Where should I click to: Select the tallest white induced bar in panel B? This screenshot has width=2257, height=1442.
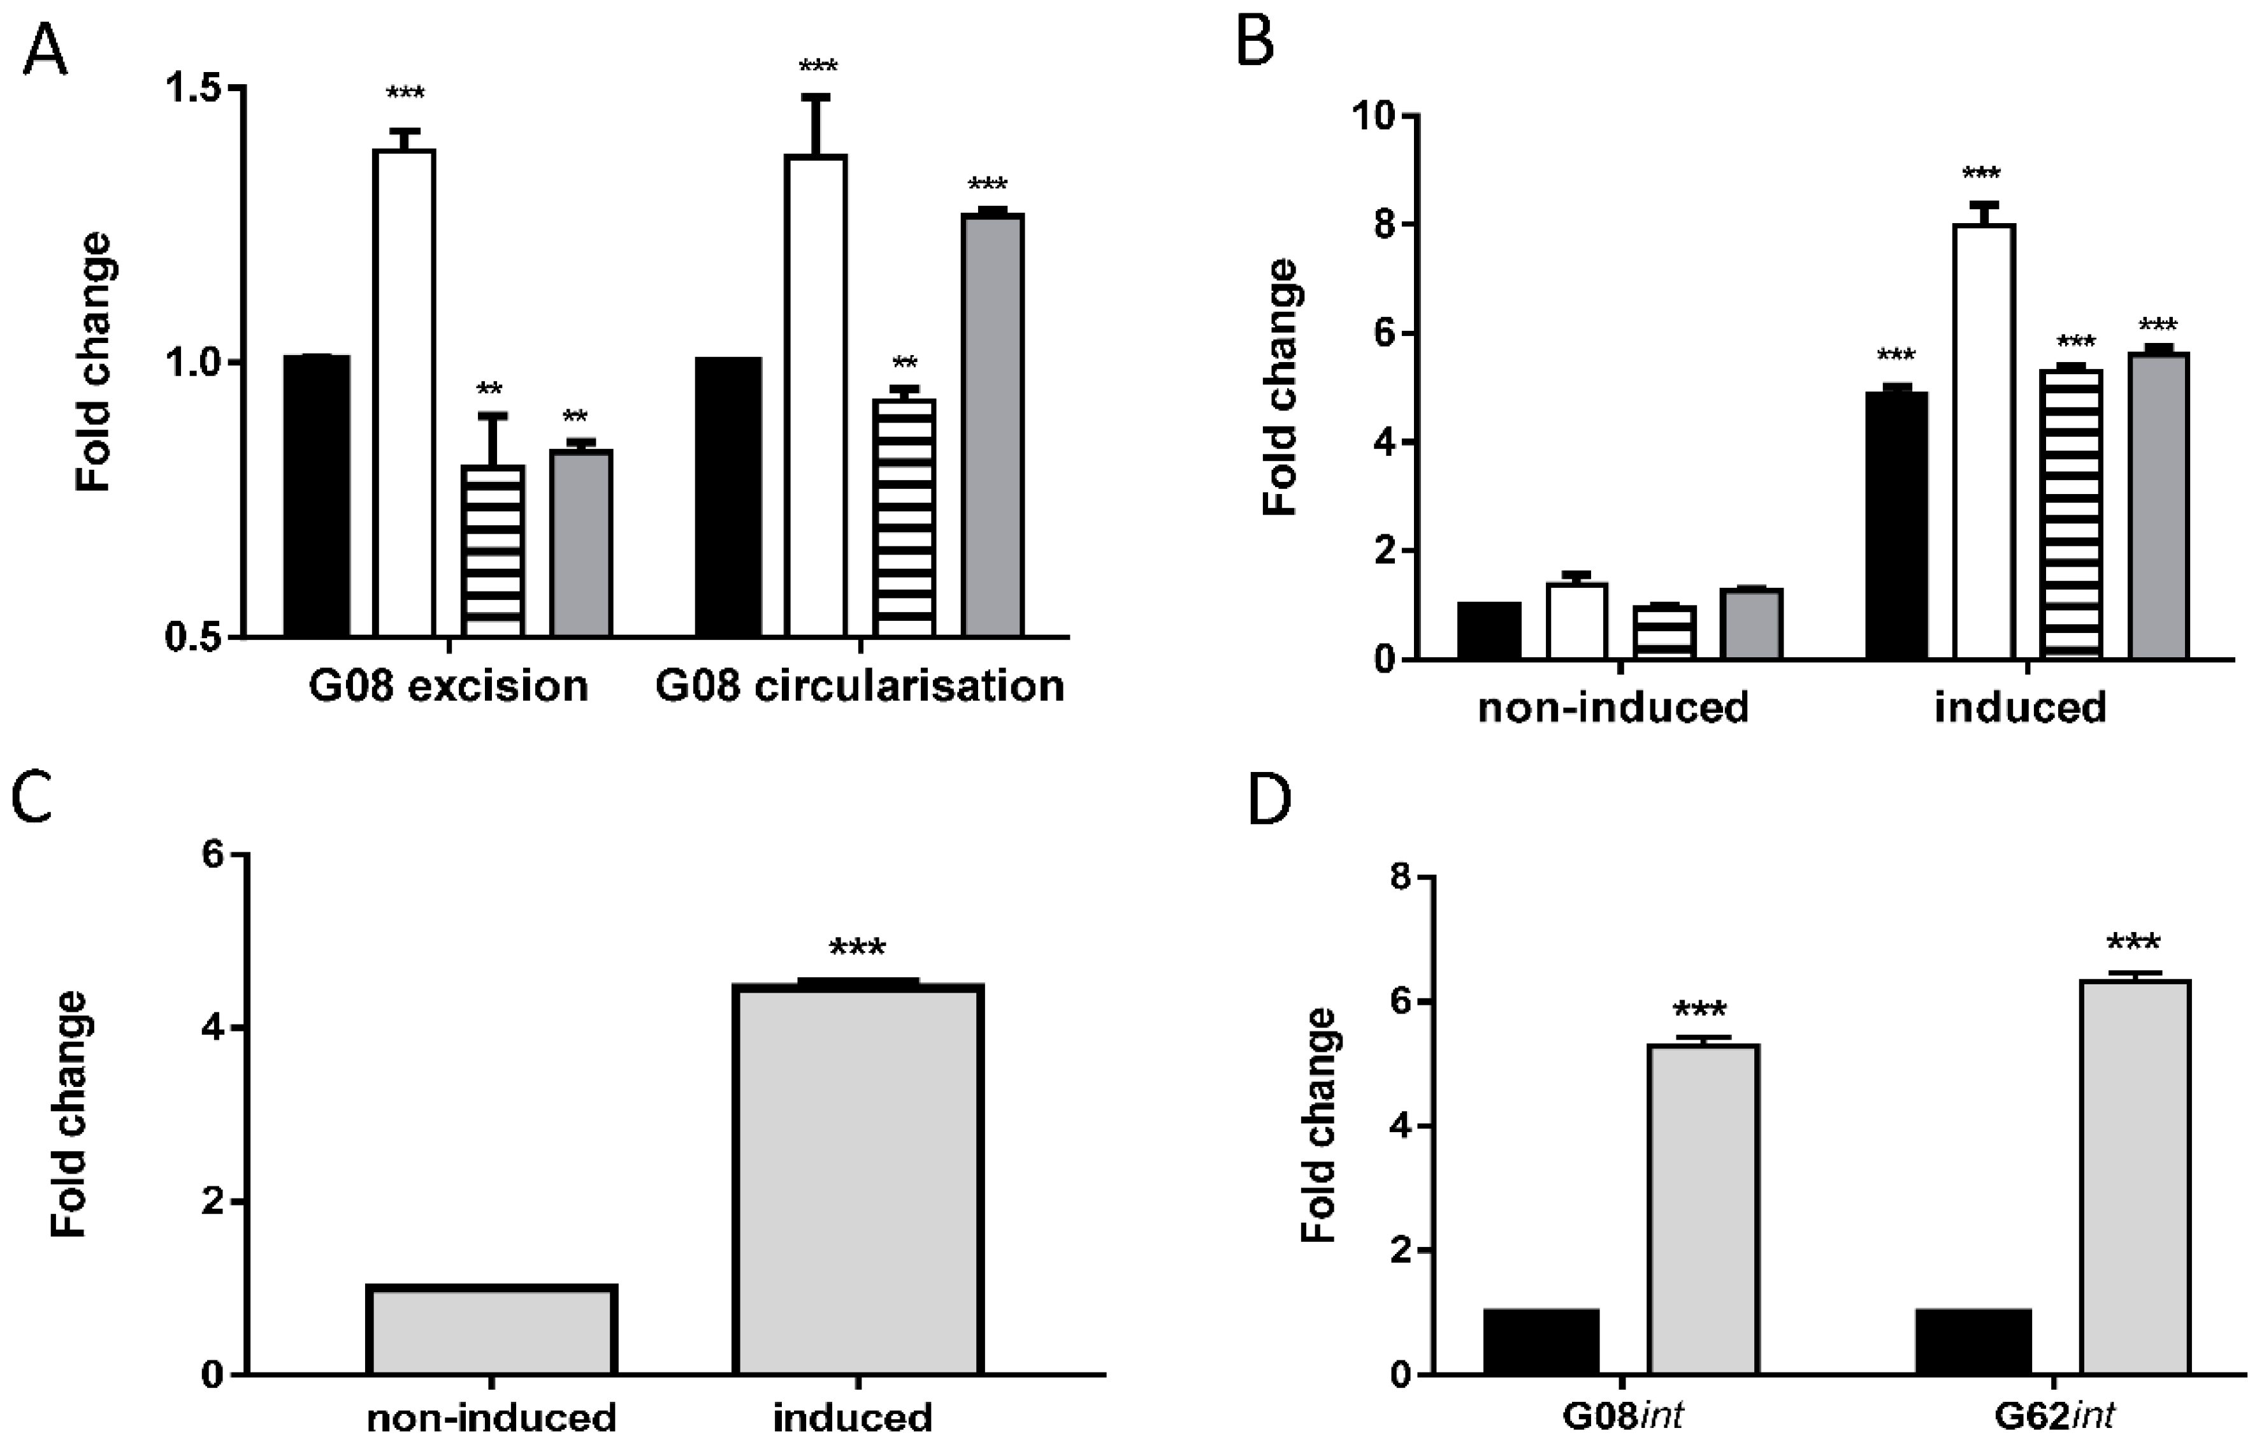click(1984, 441)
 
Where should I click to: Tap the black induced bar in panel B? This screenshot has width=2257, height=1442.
click(1896, 525)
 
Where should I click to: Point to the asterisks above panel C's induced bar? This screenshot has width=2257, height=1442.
click(856, 949)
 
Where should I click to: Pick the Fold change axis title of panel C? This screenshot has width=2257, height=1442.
click(69, 1115)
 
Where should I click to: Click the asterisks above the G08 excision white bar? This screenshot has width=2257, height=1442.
click(405, 94)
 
